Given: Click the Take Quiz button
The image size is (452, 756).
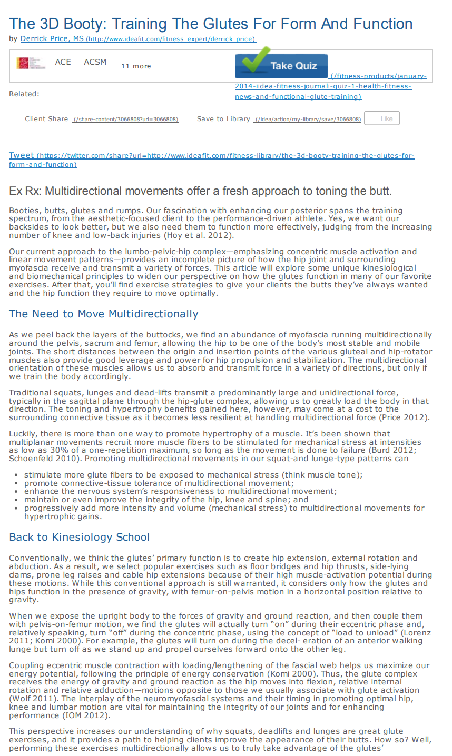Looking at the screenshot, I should click(x=281, y=66).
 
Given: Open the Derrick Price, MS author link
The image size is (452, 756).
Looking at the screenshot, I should click(x=52, y=38).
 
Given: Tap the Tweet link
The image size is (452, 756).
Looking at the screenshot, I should click(x=22, y=155).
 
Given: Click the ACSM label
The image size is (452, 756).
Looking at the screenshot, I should click(x=95, y=62).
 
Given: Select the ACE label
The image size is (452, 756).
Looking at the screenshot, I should click(x=63, y=62).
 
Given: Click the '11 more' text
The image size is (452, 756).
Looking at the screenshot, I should click(x=136, y=66).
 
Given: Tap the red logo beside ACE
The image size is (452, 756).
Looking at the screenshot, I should click(x=31, y=63).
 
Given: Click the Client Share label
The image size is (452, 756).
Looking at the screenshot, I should click(x=46, y=119).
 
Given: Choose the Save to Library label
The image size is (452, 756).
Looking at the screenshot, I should click(x=223, y=119).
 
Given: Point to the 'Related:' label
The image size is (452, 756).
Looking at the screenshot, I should click(x=24, y=94).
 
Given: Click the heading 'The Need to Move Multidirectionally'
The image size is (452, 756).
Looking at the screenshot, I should click(x=104, y=314).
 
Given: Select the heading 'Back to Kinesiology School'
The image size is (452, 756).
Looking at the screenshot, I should click(x=80, y=537).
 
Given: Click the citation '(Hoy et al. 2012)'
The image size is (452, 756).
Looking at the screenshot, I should click(x=198, y=235).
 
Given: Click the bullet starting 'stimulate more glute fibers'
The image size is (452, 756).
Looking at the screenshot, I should click(x=193, y=474).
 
